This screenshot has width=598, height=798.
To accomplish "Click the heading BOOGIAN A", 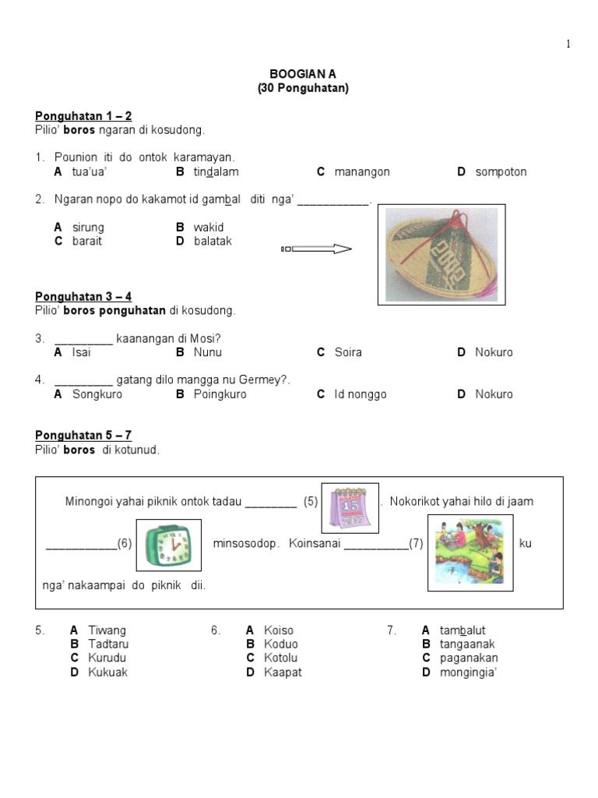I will (303, 74).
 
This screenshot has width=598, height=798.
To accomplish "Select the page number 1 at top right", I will (568, 44).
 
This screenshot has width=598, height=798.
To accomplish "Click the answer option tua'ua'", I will (89, 171).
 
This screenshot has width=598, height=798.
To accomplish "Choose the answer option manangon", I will (362, 171).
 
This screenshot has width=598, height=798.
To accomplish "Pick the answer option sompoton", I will (501, 171).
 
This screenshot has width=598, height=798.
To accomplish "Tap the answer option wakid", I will (209, 227).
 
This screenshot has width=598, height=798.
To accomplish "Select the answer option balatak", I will (213, 241).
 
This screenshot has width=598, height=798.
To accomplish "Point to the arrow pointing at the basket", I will (316, 249).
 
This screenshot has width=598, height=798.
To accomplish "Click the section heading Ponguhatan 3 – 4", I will (83, 296).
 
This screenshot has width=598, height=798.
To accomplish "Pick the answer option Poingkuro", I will (220, 394).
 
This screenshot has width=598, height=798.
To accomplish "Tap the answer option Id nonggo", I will (361, 394).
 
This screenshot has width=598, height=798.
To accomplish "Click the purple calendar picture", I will (350, 508).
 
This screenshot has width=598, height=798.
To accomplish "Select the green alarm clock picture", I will (168, 545).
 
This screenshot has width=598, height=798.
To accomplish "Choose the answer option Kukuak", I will (107, 672).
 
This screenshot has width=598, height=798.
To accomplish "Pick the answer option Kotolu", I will (281, 658).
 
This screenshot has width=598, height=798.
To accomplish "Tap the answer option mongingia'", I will (467, 672).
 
